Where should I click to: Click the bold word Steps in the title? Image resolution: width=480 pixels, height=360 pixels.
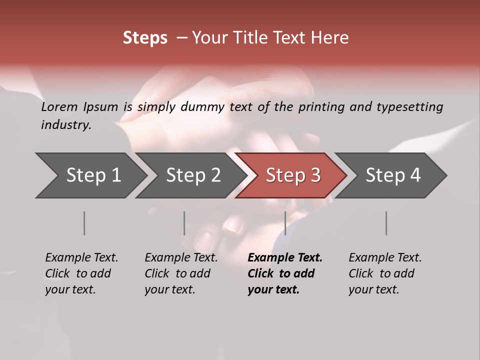pos(145,38)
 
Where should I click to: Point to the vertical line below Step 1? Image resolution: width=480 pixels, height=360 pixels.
pos(84,223)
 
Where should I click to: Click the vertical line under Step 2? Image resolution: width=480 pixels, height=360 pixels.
pos(184,223)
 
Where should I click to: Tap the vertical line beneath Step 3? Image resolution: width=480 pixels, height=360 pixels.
pos(285,223)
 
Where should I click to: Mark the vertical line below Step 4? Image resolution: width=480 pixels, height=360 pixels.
pos(386,223)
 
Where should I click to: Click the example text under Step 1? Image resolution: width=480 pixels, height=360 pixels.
pos(81,273)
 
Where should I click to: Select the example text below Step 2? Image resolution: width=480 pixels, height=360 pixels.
pos(181,273)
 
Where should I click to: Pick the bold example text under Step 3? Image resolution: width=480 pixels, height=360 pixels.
pos(284,273)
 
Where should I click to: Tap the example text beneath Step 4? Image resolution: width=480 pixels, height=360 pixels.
pos(385,273)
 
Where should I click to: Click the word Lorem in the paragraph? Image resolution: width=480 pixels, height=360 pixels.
pos(59,107)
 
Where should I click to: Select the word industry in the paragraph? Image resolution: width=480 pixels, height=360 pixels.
pos(65,125)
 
